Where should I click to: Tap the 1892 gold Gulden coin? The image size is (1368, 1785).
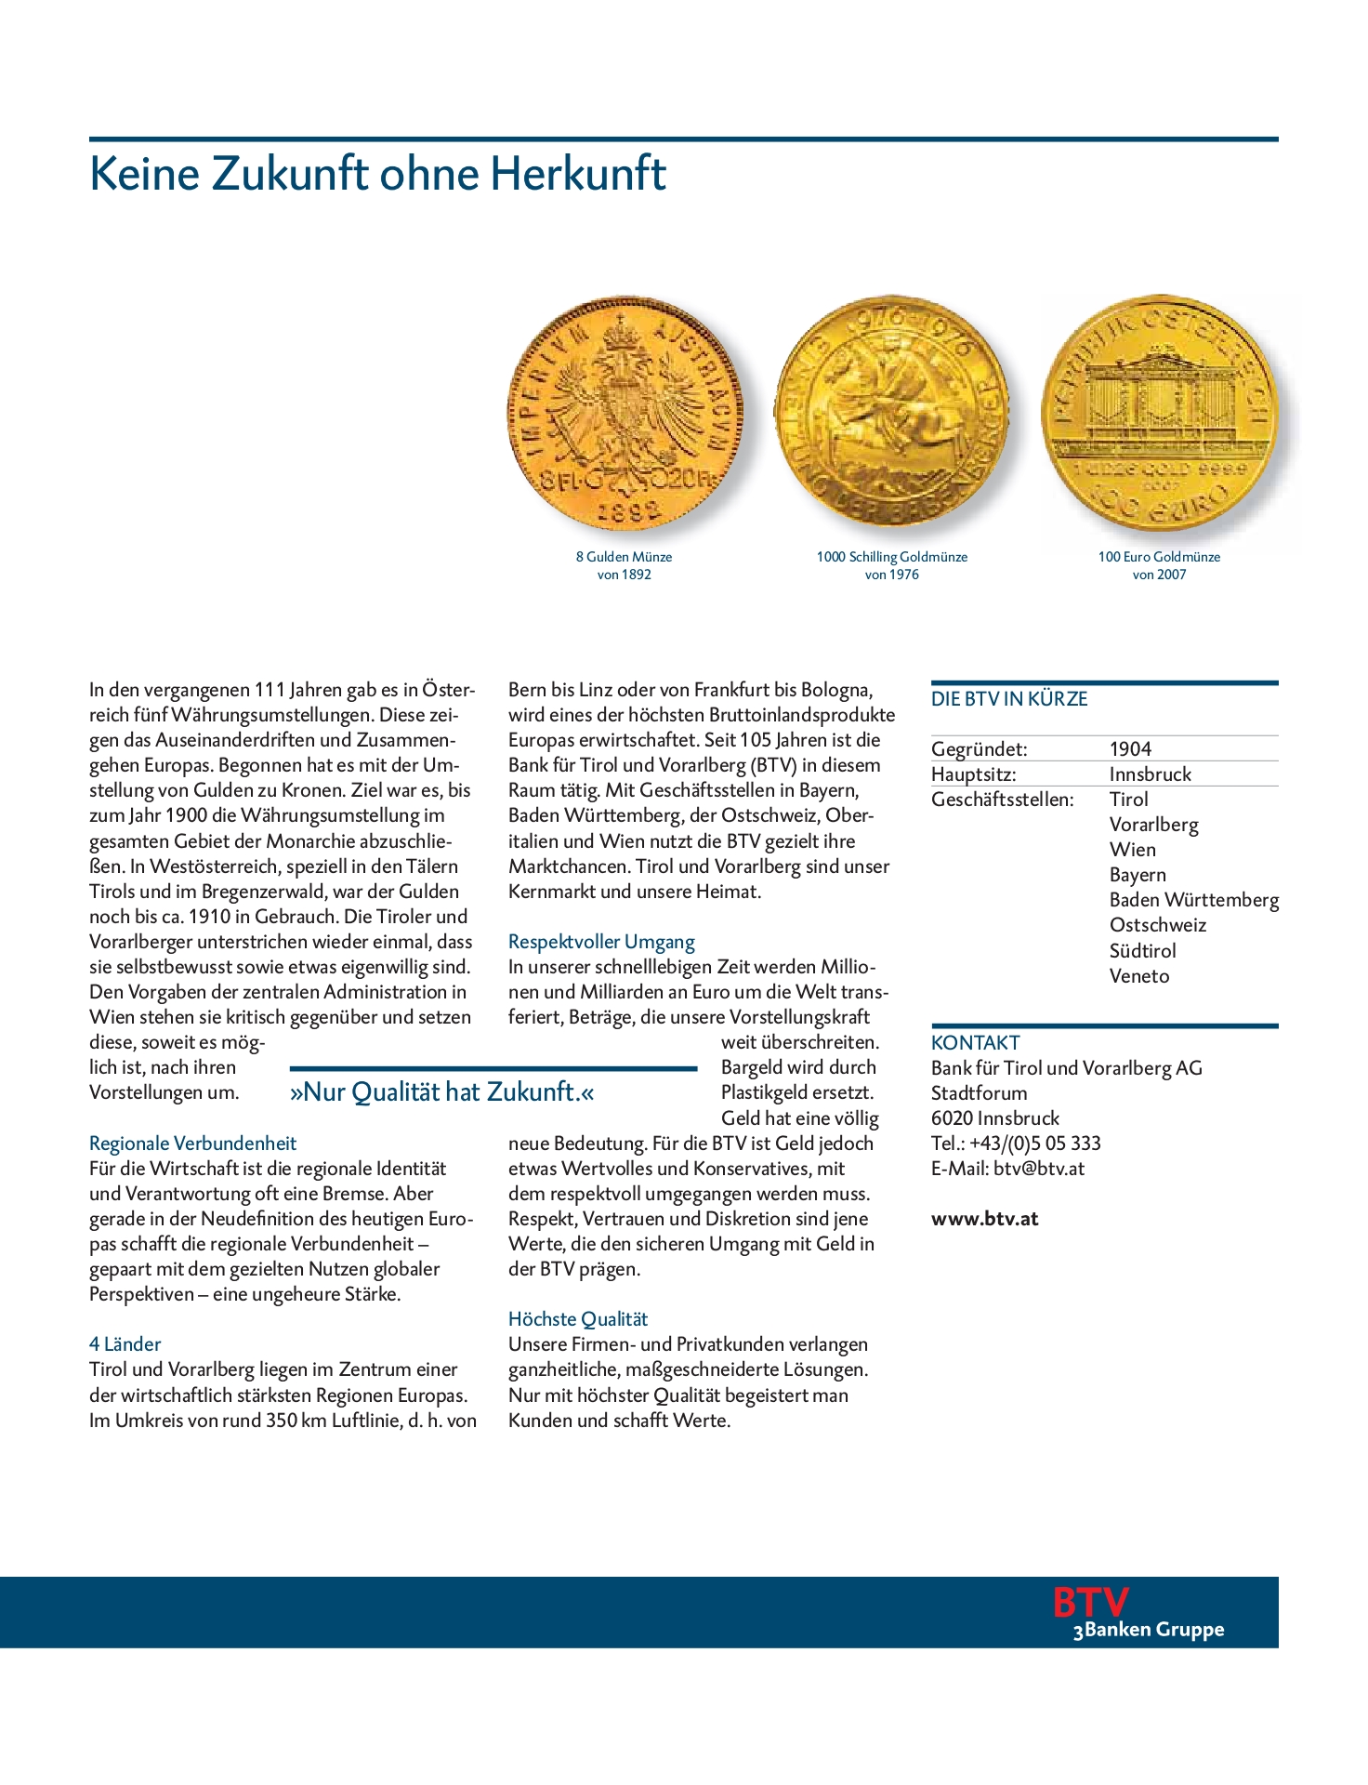625,413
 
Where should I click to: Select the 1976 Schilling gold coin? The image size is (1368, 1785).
891,413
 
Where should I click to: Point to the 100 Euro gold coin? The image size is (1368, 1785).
1160,415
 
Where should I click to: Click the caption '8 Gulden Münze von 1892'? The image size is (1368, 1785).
624,565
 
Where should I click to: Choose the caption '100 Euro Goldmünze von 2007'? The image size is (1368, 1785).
1159,565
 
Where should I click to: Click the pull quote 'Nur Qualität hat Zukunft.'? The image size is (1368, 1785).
441,1091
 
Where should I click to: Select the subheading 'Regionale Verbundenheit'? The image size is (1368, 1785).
192,1144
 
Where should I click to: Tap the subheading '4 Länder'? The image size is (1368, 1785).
125,1343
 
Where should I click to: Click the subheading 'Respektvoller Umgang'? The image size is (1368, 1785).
601,942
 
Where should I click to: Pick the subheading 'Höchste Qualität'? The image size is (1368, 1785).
577,1318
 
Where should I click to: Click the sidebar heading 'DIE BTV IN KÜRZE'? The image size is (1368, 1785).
1008,699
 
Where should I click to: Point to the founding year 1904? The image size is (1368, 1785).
1130,748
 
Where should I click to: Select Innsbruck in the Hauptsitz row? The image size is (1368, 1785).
1150,773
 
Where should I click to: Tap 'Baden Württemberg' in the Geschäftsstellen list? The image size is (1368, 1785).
1193,900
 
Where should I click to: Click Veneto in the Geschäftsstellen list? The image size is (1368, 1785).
1138,976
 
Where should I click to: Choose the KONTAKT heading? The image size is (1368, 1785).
975,1043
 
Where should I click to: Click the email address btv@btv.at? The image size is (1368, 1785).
1038,1169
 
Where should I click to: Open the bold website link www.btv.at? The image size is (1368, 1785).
984,1219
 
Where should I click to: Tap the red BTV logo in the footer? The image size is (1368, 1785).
1089,1602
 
